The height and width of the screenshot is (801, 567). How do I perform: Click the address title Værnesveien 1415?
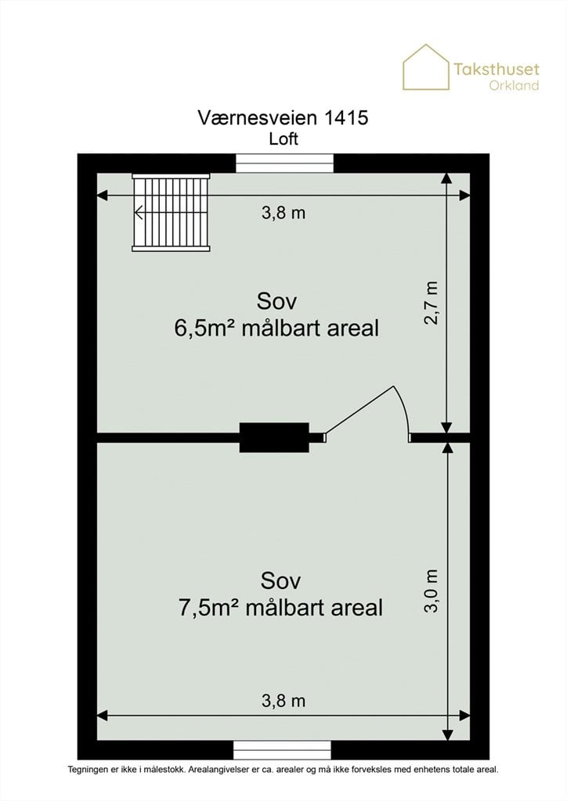pyautogui.click(x=283, y=117)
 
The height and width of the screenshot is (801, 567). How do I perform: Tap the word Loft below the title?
pyautogui.click(x=283, y=139)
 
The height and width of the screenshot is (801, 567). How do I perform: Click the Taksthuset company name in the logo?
pyautogui.click(x=496, y=69)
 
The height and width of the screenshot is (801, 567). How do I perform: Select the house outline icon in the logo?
pyautogui.click(x=426, y=67)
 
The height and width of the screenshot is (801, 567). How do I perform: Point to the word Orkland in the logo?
pyautogui.click(x=514, y=84)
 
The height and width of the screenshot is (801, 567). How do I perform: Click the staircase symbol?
pyautogui.click(x=171, y=212)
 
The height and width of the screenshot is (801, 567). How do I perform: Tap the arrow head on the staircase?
pyautogui.click(x=139, y=212)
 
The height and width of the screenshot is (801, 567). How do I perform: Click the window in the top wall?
pyautogui.click(x=284, y=163)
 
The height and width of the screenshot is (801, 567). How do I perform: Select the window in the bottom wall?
pyautogui.click(x=282, y=749)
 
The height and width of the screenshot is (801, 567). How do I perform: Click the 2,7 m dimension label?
pyautogui.click(x=431, y=303)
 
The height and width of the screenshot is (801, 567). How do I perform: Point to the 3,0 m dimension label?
pyautogui.click(x=431, y=591)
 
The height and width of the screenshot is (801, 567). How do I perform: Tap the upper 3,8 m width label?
pyautogui.click(x=283, y=213)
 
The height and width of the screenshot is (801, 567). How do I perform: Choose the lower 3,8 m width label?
pyautogui.click(x=283, y=700)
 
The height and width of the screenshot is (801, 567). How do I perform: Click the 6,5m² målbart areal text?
pyautogui.click(x=276, y=328)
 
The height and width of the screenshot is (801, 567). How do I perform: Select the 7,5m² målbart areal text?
pyautogui.click(x=280, y=608)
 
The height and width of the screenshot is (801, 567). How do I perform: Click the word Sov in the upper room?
pyautogui.click(x=276, y=301)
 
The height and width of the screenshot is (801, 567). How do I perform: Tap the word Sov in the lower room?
pyautogui.click(x=280, y=581)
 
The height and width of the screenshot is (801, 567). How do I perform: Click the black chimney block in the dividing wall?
pyautogui.click(x=275, y=437)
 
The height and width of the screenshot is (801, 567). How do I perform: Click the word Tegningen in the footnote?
pyautogui.click(x=85, y=770)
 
